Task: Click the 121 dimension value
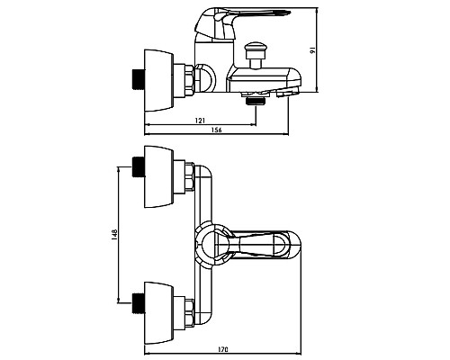(200, 121)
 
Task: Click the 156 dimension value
(216, 130)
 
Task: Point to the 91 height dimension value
(312, 50)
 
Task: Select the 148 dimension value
(114, 236)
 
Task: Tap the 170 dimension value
(223, 349)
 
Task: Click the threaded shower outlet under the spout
(256, 101)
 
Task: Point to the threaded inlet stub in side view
(139, 80)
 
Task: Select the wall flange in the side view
(158, 80)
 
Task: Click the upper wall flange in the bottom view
(158, 176)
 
